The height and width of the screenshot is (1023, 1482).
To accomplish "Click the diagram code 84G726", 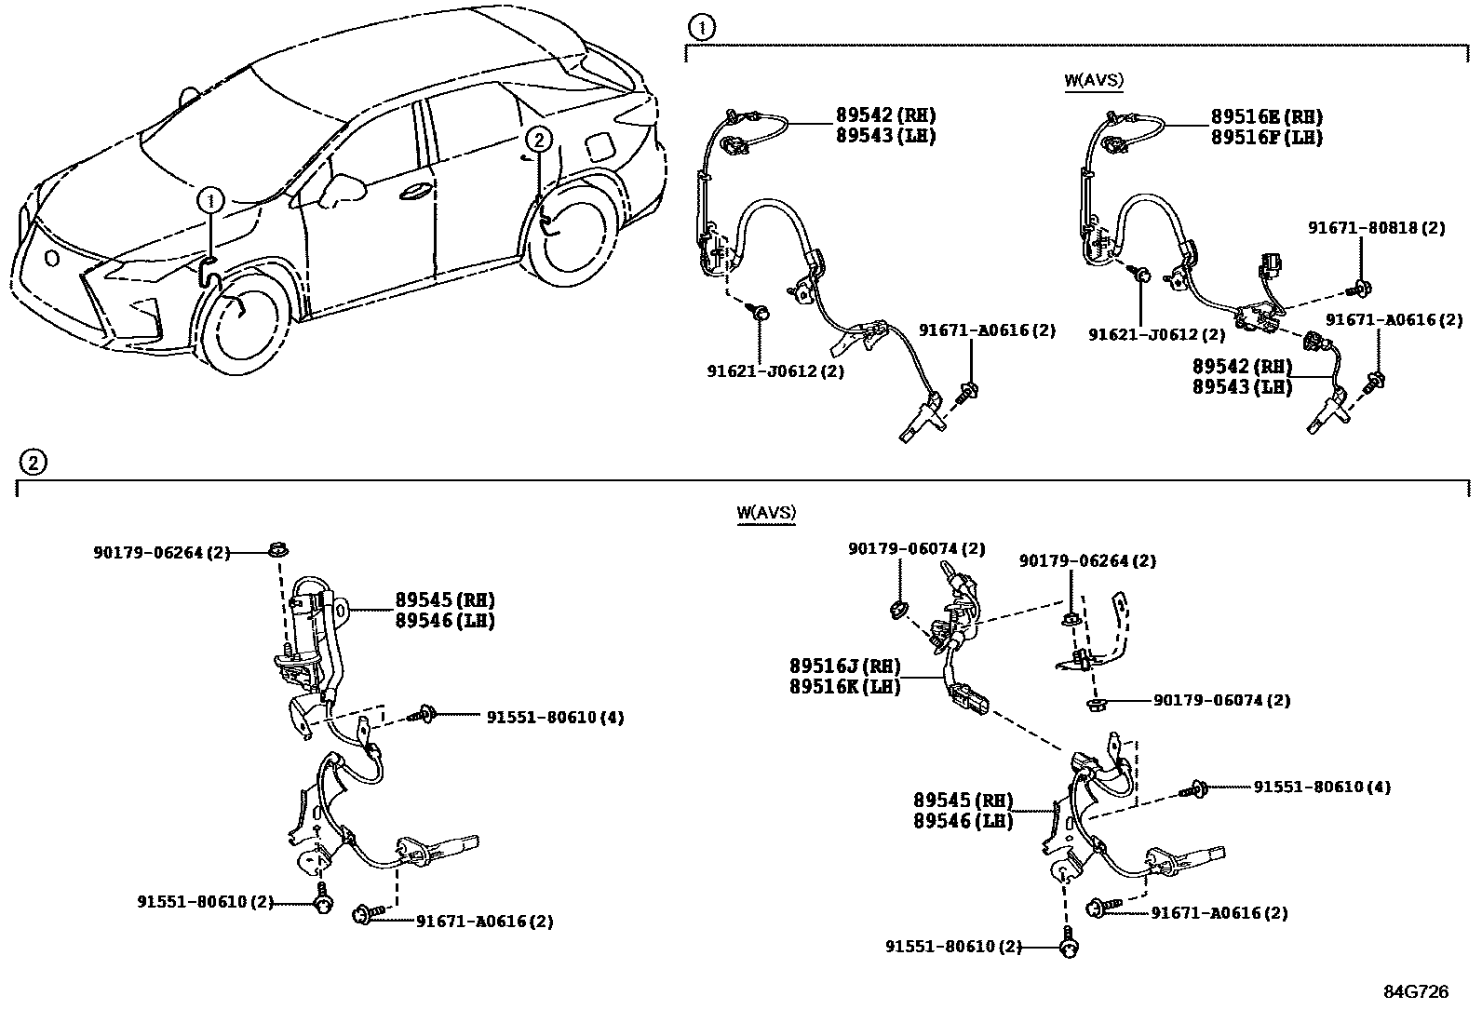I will pos(1415,991).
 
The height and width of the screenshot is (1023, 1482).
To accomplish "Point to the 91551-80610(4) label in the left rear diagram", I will pos(555,717).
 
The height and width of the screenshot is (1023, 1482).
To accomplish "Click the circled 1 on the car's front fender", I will pos(212,198).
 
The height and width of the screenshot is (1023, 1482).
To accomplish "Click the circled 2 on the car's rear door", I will pos(538,140).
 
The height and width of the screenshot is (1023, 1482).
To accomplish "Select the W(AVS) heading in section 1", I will pos(1094,80).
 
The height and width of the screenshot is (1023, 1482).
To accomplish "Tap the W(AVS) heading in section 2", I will pos(766,512).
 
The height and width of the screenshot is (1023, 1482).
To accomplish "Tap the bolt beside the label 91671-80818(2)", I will pos(1361,287).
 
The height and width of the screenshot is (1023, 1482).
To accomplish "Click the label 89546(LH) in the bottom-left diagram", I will pos(444,620).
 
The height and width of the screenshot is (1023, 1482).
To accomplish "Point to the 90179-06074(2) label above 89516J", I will pos(916,549).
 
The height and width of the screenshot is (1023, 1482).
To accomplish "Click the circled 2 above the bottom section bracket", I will pos(33,462).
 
